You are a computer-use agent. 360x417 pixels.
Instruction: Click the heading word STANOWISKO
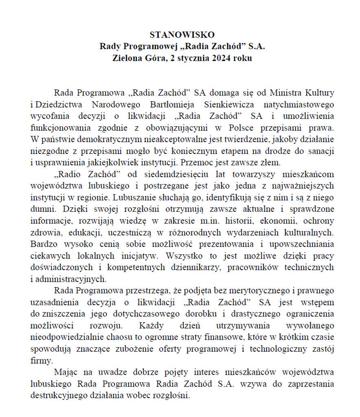click(182, 34)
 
